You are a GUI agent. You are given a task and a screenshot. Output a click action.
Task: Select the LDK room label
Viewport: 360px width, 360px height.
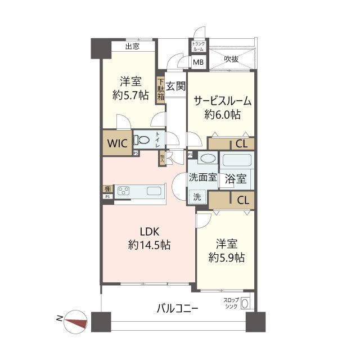point(149,231)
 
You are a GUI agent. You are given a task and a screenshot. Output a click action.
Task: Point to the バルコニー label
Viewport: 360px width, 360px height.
point(177,309)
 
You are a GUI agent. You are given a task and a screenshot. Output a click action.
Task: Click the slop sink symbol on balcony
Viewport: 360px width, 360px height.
point(246,305)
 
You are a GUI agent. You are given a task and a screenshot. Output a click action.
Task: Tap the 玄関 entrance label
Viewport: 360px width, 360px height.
point(175,86)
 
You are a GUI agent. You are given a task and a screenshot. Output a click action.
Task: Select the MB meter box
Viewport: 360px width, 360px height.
point(199,62)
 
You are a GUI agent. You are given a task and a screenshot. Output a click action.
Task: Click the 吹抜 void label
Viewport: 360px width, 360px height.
point(231,58)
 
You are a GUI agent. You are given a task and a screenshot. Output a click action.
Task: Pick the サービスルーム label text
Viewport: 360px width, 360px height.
point(223,101)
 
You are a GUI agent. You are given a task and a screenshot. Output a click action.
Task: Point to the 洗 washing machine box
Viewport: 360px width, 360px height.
point(197,197)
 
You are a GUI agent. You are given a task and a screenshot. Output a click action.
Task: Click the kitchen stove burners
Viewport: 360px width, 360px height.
point(124,191)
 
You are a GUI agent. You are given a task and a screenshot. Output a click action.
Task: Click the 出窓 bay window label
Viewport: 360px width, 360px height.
point(132,47)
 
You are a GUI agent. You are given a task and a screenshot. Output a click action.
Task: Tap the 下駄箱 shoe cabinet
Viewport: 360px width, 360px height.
point(160,88)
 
